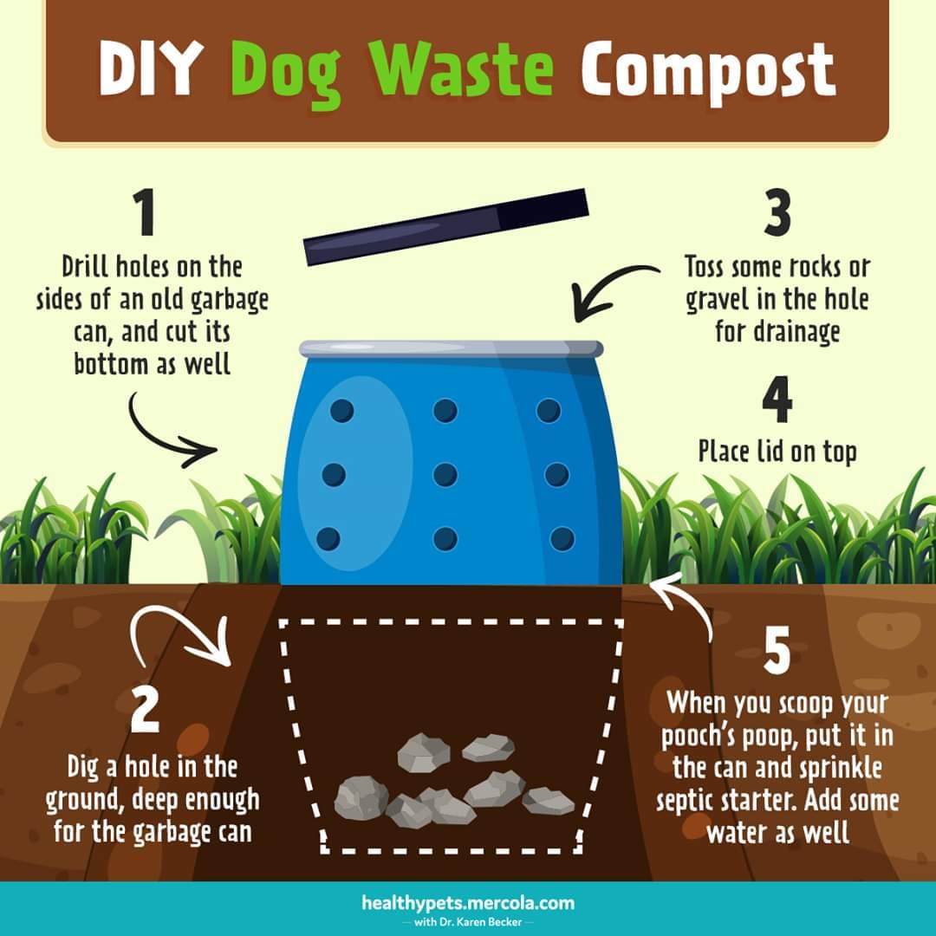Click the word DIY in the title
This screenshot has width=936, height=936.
click(147, 68)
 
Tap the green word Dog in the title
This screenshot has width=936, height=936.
click(287, 74)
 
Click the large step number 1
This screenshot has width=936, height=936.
click(145, 212)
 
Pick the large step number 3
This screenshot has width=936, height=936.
click(777, 212)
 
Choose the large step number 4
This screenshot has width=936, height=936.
click(777, 399)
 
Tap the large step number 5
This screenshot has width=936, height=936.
click(777, 650)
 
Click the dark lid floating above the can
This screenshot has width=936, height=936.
click(446, 227)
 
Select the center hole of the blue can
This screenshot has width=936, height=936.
click(445, 475)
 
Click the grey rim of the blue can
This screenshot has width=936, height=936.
click(452, 348)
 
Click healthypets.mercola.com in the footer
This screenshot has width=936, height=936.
click(468, 902)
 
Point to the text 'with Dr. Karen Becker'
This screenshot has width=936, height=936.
click(468, 922)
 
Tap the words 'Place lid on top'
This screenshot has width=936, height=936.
click(777, 452)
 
